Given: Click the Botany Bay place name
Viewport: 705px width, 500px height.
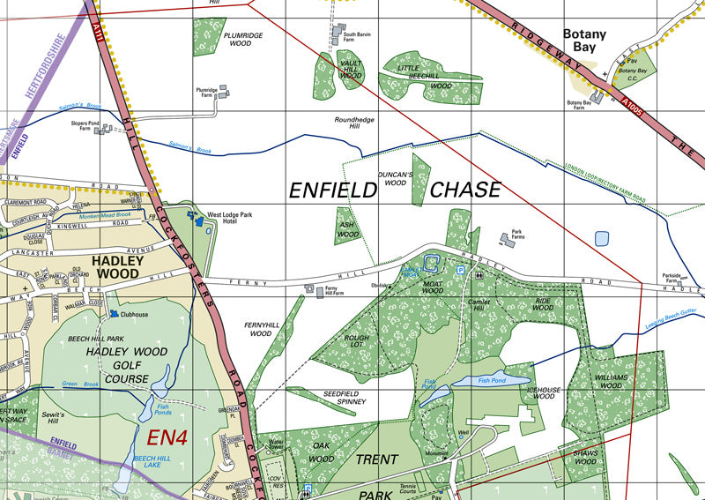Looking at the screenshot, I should coord(585,41).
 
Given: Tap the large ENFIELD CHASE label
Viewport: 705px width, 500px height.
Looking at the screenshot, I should coord(395,190).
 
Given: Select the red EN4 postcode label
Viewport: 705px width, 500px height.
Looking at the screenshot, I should coord(167,436).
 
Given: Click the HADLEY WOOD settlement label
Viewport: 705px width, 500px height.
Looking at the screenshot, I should coord(117,267).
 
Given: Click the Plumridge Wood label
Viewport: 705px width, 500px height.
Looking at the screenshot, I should coord(243,39).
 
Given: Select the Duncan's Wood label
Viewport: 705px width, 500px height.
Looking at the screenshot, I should coord(394,179).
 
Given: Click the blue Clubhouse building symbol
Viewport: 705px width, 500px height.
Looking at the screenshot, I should coord(115,313).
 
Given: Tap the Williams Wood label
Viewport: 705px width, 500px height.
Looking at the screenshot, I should coord(611,381).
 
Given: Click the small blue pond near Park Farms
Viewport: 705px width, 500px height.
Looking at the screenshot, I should coord(601,238).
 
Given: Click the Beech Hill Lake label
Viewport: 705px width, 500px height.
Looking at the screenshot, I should coord(151,463).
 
